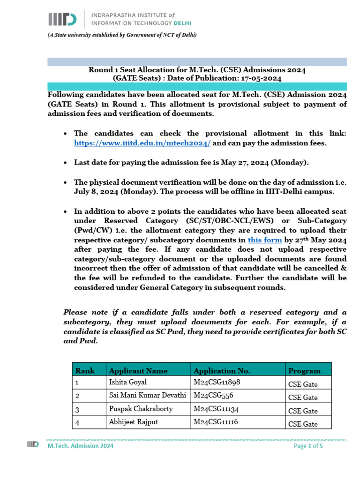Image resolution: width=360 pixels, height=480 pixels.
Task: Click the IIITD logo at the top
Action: pyautogui.click(x=62, y=19)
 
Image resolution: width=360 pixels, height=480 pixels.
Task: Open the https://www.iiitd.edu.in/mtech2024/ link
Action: pyautogui.click(x=142, y=143)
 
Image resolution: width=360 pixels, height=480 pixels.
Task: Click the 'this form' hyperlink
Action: pyautogui.click(x=264, y=240)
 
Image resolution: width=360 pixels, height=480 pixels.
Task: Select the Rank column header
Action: pyautogui.click(x=85, y=371)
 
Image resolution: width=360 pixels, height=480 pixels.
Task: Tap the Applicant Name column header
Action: pyautogui.click(x=138, y=371)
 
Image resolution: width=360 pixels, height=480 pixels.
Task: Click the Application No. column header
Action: pyautogui.click(x=222, y=371)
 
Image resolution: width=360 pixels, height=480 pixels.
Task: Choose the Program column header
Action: pyautogui.click(x=305, y=371)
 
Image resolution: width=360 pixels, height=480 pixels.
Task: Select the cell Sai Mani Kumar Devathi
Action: pyautogui.click(x=148, y=396)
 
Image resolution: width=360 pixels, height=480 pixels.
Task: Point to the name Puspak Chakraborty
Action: pyautogui.click(x=141, y=409)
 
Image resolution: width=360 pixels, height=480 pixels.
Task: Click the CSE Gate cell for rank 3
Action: pyautogui.click(x=303, y=411)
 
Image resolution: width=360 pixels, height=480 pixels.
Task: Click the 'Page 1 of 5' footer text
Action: pyautogui.click(x=308, y=446)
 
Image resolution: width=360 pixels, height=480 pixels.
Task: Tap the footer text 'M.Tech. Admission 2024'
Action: pyautogui.click(x=80, y=446)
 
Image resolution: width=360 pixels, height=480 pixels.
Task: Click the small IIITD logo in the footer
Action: pyautogui.click(x=32, y=444)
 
